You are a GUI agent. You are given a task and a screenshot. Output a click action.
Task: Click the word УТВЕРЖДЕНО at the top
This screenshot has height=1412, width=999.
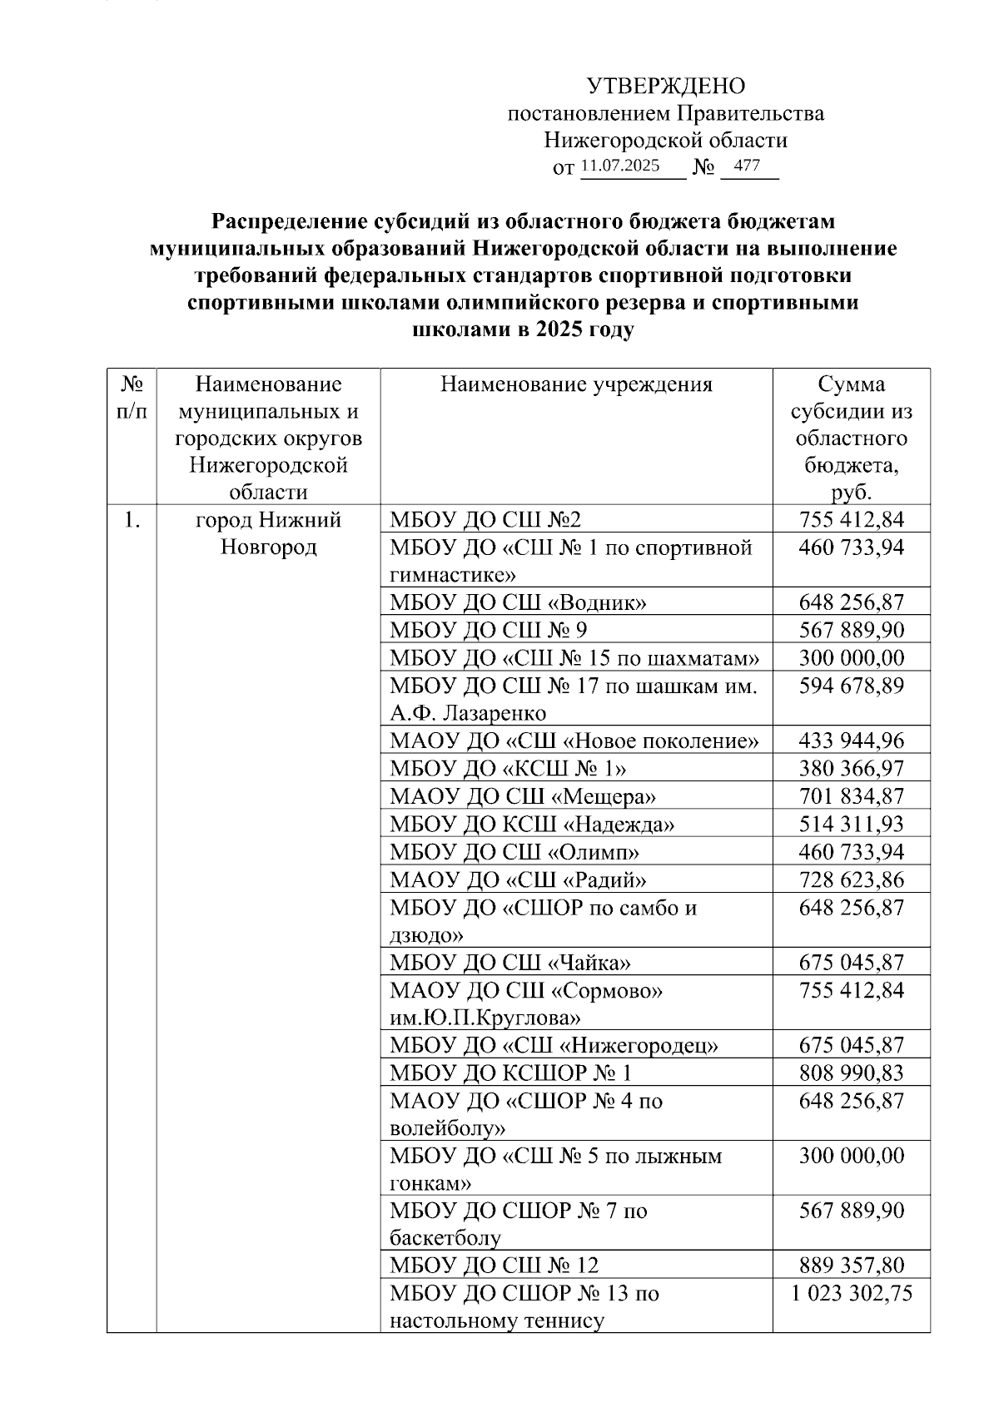[666, 87]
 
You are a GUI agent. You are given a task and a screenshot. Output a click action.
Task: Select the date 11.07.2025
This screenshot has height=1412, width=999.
[620, 166]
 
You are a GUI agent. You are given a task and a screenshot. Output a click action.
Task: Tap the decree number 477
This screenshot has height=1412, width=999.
[747, 166]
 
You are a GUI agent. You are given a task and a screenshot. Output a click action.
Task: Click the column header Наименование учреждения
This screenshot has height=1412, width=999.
[576, 384]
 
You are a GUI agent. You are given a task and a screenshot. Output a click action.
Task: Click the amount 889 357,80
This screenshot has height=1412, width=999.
[852, 1266]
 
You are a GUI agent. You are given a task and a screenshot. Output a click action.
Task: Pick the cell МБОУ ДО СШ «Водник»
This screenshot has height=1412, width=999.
[519, 602]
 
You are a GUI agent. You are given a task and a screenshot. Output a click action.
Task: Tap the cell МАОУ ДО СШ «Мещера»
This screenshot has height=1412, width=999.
[523, 796]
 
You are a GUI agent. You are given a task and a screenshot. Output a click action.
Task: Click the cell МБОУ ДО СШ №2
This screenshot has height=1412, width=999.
[486, 521]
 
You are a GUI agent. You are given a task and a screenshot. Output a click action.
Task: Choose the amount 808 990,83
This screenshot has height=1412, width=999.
[852, 1073]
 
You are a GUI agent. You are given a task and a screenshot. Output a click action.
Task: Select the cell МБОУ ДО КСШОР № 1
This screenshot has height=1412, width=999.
[511, 1073]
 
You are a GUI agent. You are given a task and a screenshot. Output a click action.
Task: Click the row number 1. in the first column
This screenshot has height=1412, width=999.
[132, 521]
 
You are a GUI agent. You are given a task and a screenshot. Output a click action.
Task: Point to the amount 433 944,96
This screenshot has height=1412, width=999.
[852, 741]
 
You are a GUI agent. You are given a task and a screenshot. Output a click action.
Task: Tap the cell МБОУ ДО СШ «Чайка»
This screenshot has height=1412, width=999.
[510, 963]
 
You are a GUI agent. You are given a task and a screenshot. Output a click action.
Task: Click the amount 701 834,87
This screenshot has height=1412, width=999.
[852, 796]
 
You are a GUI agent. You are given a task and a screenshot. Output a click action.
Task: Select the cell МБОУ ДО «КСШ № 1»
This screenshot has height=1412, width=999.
[509, 768]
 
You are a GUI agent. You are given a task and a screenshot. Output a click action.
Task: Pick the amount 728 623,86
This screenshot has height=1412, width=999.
[852, 879]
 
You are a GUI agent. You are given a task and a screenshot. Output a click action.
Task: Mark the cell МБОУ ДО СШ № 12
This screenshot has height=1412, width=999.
[495, 1266]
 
